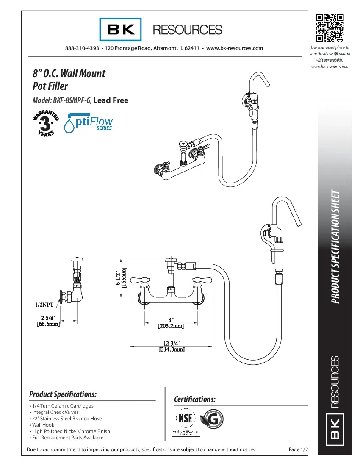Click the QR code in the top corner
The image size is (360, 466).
[330, 28]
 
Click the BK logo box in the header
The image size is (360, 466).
[121, 30]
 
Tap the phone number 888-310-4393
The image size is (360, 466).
[82, 48]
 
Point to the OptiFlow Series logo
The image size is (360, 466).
[88, 122]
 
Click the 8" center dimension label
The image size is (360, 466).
[171, 320]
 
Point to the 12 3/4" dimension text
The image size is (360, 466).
[172, 343]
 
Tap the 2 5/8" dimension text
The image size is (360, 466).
[47, 318]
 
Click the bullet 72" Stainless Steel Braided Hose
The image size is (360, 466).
[66, 419]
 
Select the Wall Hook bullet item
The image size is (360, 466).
[43, 425]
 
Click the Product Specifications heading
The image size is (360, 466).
[63, 394]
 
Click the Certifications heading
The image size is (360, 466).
[195, 399]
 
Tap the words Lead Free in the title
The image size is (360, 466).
[111, 100]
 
